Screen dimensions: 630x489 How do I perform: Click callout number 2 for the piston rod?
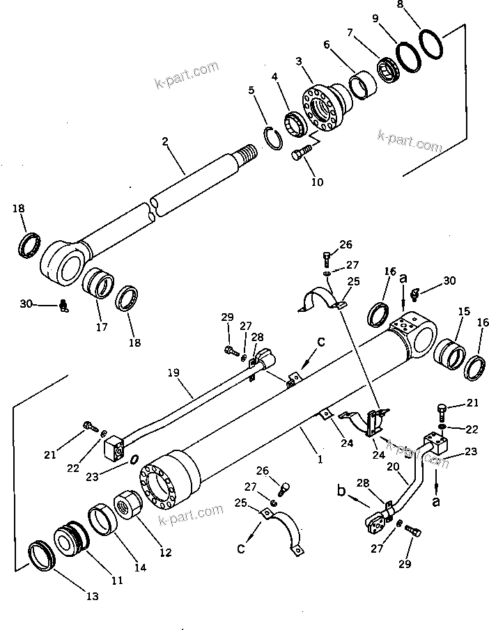(165, 141)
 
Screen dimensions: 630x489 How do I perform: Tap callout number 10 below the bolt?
(317, 182)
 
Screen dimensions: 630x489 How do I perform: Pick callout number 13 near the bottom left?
(92, 597)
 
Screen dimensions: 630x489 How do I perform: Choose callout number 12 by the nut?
(165, 553)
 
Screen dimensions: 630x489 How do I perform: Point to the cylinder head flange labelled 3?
(322, 109)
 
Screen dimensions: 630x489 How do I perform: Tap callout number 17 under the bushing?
(102, 326)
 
